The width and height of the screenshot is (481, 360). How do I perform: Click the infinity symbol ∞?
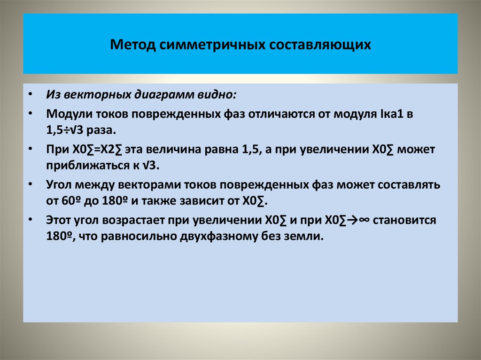click(x=363, y=221)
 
